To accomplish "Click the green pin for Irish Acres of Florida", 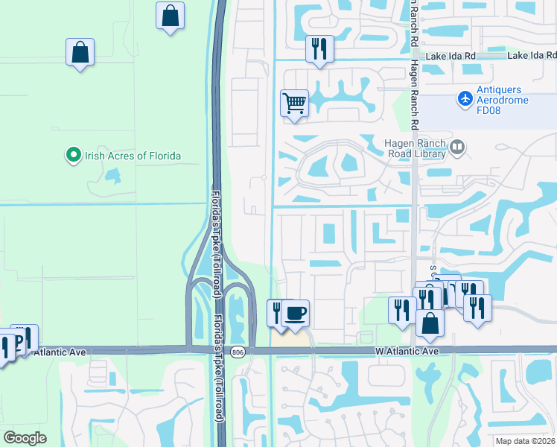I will [x=73, y=156].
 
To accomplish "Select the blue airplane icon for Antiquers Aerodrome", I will [x=465, y=98].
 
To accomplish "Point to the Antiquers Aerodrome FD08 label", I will [x=509, y=104].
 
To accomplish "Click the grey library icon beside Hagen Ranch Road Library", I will [x=457, y=148].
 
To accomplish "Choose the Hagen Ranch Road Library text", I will [x=416, y=149].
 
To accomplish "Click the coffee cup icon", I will [x=296, y=312].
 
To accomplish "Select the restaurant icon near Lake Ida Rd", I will [x=319, y=49].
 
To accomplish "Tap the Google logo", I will [x=25, y=437].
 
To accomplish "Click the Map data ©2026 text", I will [x=525, y=441].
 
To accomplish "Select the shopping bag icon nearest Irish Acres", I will [x=80, y=52].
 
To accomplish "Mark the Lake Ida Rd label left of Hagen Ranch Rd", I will [x=451, y=56].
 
